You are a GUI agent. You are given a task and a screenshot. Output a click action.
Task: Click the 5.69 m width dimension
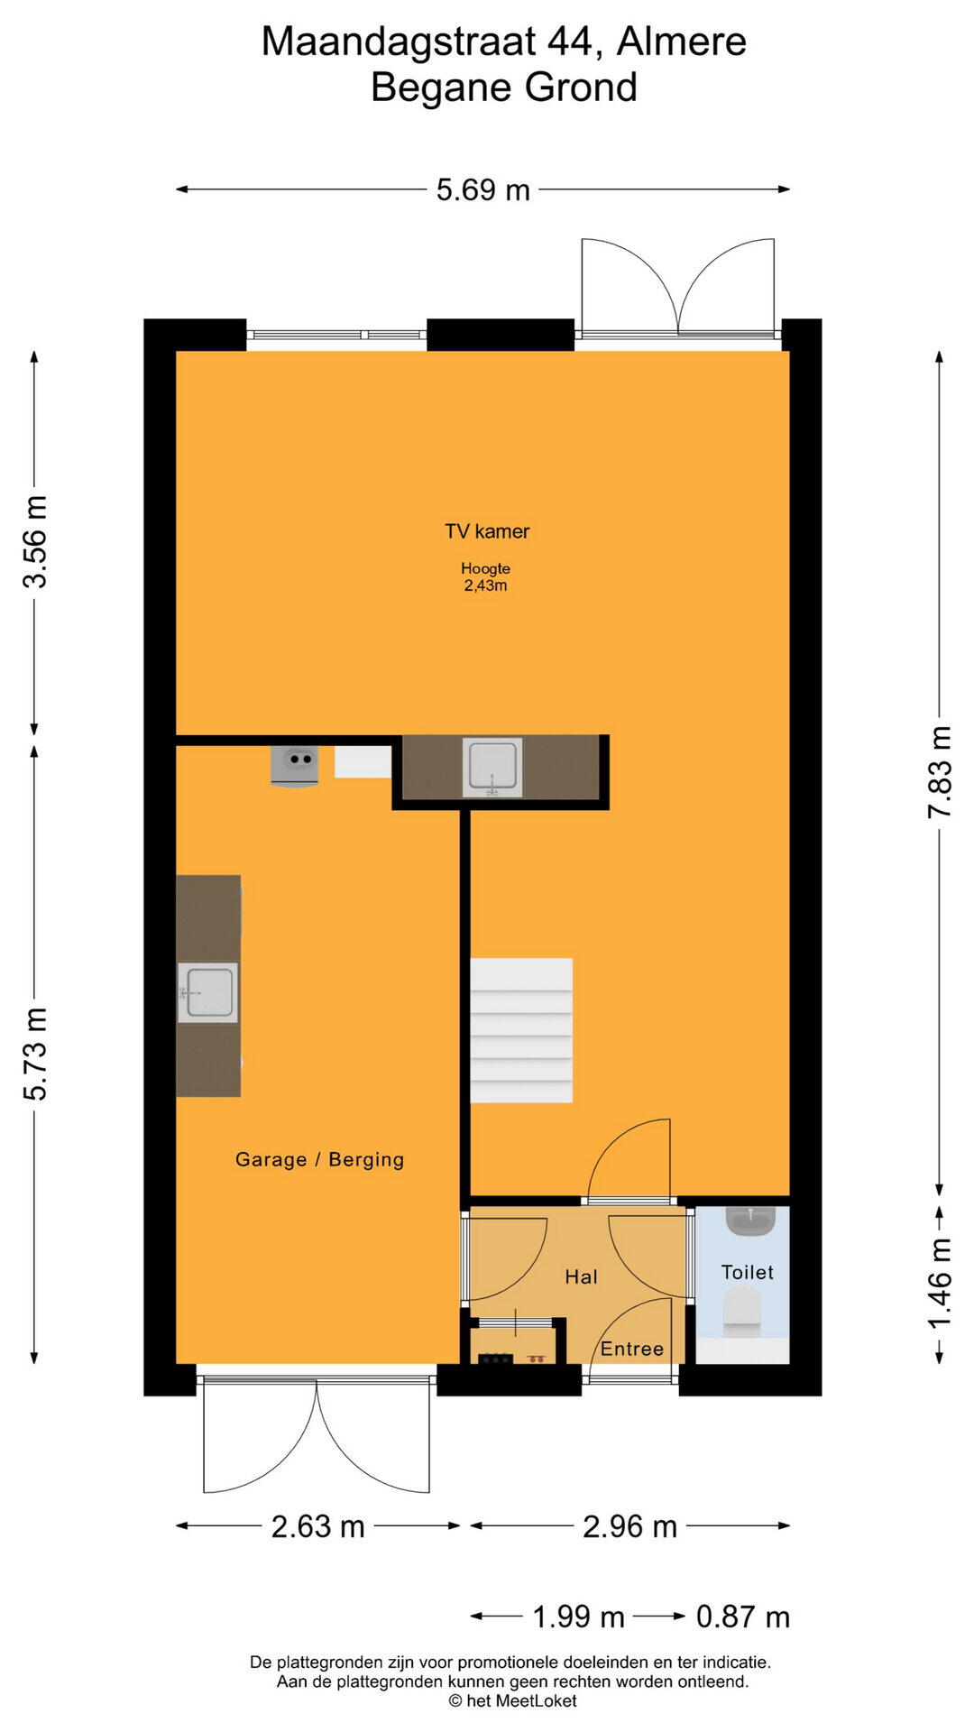(x=483, y=190)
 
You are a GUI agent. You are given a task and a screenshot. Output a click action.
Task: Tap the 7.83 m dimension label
(x=940, y=772)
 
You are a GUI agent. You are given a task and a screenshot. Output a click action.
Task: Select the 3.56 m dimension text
(x=35, y=542)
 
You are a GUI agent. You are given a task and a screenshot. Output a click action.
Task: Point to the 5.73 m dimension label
(x=35, y=1055)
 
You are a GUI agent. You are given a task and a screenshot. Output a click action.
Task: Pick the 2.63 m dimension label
(x=318, y=1526)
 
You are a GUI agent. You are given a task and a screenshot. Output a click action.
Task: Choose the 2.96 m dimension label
(x=629, y=1526)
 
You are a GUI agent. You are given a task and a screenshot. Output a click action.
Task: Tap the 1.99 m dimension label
(x=578, y=1617)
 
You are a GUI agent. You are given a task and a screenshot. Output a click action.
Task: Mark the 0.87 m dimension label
(x=743, y=1617)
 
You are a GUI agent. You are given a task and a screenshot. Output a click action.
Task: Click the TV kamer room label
(x=487, y=531)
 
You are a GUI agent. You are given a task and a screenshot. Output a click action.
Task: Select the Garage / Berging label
(x=319, y=1159)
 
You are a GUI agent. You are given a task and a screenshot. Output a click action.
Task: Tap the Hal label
(x=582, y=1276)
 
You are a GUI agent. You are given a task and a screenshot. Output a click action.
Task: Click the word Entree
(x=632, y=1349)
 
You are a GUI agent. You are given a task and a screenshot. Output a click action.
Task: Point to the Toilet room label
(x=748, y=1272)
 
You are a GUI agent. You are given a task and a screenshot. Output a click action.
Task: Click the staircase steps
(x=521, y=1030)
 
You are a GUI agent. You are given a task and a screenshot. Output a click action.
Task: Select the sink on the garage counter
(x=208, y=992)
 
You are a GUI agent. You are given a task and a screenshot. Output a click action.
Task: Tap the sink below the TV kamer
(x=492, y=768)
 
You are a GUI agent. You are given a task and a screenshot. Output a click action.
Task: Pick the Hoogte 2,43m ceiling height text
(x=485, y=577)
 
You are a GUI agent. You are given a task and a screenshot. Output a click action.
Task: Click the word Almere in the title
(x=682, y=41)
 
